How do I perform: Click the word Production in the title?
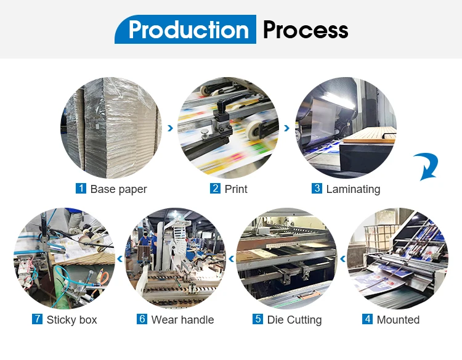pos(188,30)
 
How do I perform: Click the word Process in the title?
pos(305,30)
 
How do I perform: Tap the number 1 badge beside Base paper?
pos(81,189)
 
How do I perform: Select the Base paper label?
pos(118,189)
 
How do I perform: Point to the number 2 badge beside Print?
pos(215,189)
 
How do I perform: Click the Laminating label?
pos(353,189)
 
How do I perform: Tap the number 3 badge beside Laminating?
pos(317,189)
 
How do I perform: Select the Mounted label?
pos(399,320)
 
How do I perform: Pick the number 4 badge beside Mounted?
pos(367,319)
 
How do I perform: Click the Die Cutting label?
pos(294,320)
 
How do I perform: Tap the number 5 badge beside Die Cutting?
pos(257,319)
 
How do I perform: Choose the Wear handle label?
pos(182,320)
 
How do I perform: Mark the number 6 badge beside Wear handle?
pos(142,319)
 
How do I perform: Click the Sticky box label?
pos(71,320)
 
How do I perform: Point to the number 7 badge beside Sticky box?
pos(36,319)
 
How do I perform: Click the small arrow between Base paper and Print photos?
pos(170,128)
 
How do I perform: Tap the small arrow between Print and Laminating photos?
pos(286,128)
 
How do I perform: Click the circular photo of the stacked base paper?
pos(111,128)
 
